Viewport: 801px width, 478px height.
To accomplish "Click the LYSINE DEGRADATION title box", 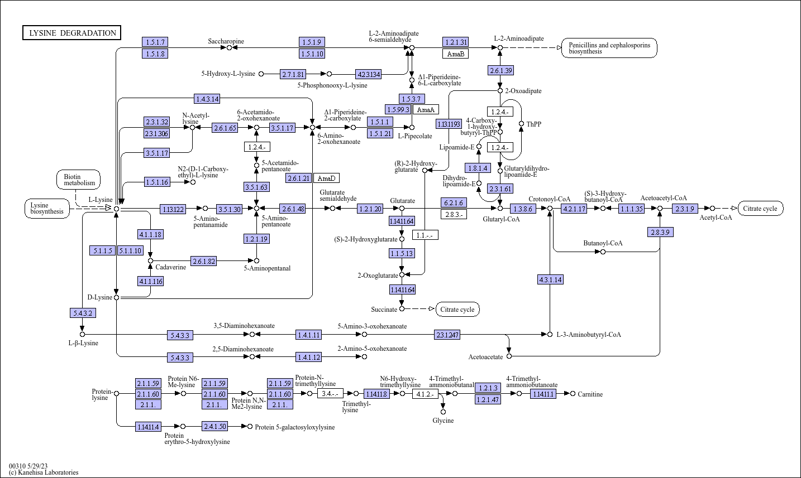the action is click(72, 33).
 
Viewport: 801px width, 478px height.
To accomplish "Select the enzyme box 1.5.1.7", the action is click(155, 42).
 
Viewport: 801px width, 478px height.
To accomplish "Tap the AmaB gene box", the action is click(456, 54).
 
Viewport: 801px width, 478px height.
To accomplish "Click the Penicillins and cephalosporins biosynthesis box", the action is click(609, 48).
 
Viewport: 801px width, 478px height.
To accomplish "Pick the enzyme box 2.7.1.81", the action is click(293, 74).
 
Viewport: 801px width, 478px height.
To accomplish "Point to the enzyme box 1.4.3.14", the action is click(207, 99).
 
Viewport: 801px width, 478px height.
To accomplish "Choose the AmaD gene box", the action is click(326, 178).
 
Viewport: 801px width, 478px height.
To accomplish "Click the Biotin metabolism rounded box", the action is click(78, 180).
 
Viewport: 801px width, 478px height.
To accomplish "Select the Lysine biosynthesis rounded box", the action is click(47, 209).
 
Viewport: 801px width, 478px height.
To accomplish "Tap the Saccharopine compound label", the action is click(226, 41).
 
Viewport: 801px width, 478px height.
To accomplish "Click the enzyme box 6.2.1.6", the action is click(454, 203).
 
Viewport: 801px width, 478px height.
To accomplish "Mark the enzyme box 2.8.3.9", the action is click(660, 232).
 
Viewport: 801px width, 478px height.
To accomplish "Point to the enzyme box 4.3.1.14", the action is click(550, 279).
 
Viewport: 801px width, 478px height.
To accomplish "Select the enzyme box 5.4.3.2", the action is click(83, 313).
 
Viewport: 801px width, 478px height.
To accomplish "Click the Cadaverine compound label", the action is click(170, 267).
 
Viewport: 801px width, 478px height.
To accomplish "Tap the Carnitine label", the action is click(590, 394).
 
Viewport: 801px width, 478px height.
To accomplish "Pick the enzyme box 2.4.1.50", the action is click(215, 426).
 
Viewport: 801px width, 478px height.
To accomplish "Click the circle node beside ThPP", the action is click(521, 124).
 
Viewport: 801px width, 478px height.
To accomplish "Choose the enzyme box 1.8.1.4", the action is click(478, 168).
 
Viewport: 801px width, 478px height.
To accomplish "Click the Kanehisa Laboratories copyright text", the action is click(44, 472).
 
